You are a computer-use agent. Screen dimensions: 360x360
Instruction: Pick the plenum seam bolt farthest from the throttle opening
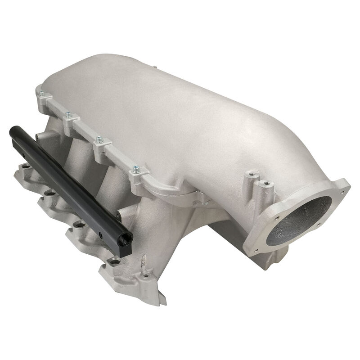[x=42, y=94]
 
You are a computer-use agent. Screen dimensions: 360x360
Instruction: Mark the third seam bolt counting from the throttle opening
[x=68, y=116]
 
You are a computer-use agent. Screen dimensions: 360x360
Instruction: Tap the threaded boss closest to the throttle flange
[x=266, y=184]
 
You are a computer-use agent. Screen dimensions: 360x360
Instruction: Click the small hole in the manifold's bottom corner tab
[x=145, y=274]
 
